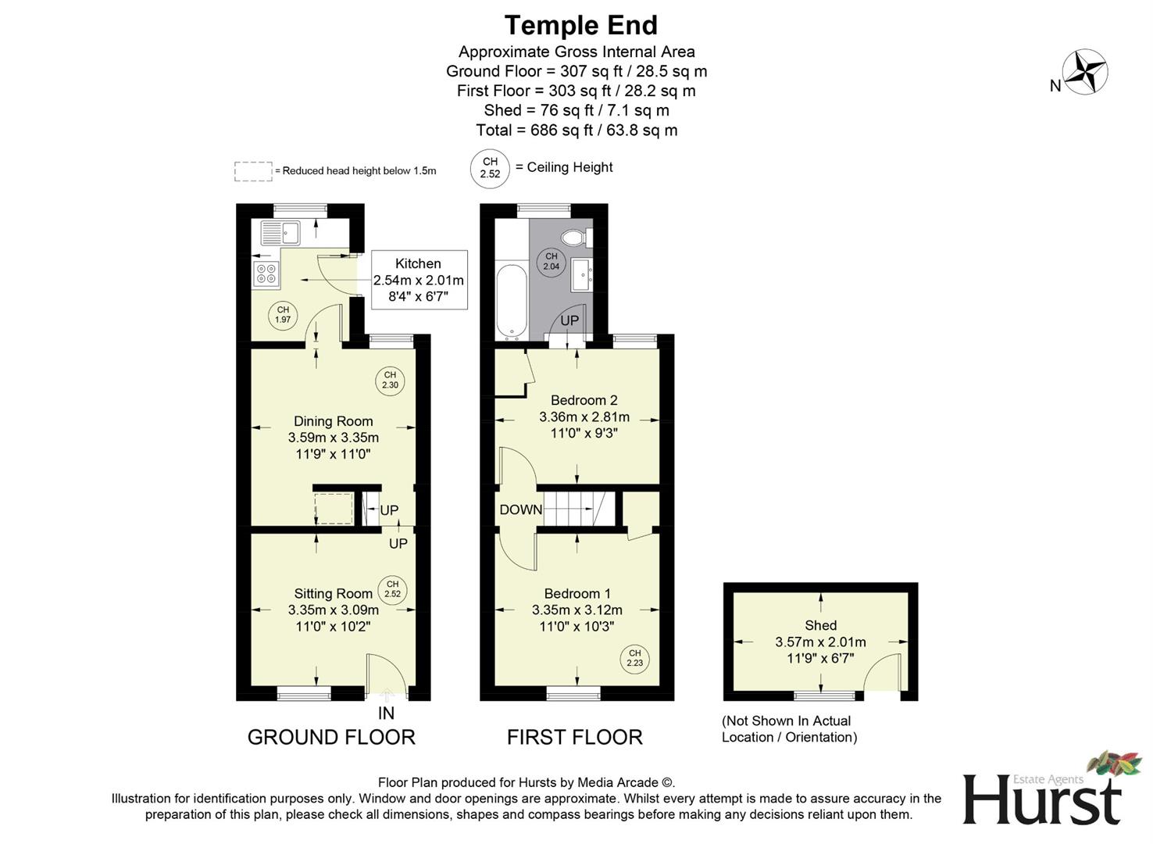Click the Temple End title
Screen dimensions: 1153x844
coord(581,25)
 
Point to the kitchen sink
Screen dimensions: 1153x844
coord(280,233)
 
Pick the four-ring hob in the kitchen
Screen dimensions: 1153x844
coord(266,274)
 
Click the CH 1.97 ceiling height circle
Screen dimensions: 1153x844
coord(283,315)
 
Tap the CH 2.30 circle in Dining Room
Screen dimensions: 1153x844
coord(390,380)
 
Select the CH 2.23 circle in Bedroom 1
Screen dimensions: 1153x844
coord(634,658)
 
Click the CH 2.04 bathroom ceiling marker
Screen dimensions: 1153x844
coord(552,262)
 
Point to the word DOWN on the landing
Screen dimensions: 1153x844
coord(521,510)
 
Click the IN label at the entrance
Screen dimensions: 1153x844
coord(386,713)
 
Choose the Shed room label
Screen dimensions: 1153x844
coord(820,625)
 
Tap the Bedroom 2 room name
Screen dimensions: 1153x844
coord(584,400)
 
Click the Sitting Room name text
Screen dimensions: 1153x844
coord(333,594)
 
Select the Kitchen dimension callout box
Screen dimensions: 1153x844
coord(419,280)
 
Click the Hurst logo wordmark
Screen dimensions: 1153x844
coord(1042,801)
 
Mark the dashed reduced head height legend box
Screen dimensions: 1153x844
coord(253,171)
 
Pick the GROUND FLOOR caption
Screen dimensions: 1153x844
coord(331,738)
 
